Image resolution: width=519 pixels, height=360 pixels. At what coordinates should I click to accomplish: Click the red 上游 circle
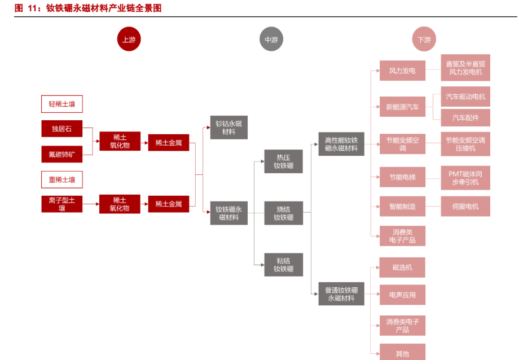129,39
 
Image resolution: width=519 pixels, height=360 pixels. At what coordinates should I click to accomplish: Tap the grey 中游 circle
271,39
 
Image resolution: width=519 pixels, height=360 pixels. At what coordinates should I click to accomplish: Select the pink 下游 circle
424,39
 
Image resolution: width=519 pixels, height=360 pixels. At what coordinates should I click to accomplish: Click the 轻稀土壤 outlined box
62,104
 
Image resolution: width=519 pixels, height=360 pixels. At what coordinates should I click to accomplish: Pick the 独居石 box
62,129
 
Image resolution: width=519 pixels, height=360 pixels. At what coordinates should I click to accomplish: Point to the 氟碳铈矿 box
62,153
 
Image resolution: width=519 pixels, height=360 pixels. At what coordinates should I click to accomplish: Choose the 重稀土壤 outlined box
62,180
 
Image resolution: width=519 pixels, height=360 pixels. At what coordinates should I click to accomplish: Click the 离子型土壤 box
62,204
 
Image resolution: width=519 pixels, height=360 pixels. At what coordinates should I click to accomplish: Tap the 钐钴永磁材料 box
229,128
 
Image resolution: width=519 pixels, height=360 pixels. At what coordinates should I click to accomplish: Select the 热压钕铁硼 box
284,161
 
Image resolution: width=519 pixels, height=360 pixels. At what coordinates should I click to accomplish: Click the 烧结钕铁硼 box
284,213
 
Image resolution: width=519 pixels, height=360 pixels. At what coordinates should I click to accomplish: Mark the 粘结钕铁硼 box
284,265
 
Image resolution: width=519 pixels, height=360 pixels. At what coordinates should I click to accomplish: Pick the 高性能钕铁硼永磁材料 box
341,144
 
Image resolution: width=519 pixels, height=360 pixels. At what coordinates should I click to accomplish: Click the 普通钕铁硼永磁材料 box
341,294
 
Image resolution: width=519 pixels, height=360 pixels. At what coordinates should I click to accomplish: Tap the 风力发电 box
402,71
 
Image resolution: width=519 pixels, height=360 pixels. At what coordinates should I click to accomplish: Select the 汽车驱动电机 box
465,96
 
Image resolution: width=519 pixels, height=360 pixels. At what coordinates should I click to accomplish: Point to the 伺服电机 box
465,207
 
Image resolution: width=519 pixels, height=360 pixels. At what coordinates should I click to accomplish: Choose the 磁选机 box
402,267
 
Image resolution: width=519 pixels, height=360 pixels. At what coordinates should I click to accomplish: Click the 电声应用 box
402,295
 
